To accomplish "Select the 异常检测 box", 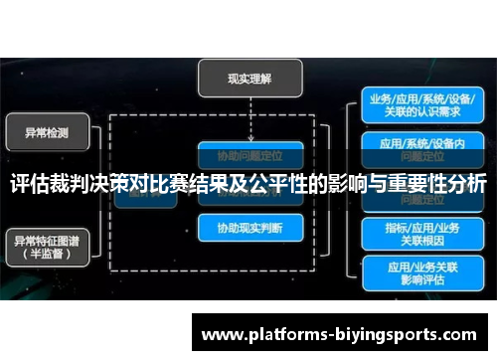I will (x=47, y=131).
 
